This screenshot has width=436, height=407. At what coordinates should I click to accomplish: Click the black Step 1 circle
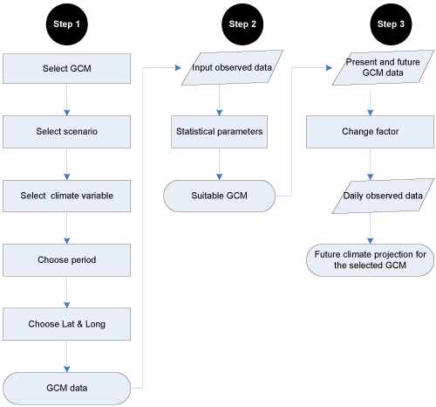(x=67, y=24)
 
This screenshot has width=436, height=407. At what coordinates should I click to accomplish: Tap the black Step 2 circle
(x=242, y=24)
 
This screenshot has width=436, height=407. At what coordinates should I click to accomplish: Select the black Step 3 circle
(x=391, y=24)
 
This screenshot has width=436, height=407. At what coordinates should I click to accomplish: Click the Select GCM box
(x=67, y=68)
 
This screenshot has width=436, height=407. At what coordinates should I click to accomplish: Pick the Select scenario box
(x=67, y=132)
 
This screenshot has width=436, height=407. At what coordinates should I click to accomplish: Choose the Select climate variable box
(x=67, y=196)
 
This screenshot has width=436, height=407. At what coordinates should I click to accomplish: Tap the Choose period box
(x=67, y=260)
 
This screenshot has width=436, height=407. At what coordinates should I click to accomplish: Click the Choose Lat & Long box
(x=67, y=324)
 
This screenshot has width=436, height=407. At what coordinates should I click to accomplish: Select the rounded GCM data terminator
(x=67, y=388)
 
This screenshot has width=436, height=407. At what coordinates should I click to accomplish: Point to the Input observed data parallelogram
(x=232, y=68)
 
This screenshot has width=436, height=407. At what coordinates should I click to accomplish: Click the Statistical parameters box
(x=219, y=132)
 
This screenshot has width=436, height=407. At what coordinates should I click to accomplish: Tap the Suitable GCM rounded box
(x=219, y=196)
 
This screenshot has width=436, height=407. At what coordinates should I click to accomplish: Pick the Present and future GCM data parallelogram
(x=383, y=68)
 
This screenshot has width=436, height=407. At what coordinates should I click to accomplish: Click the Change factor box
(x=370, y=132)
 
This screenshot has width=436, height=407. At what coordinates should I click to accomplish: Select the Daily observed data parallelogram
(x=383, y=196)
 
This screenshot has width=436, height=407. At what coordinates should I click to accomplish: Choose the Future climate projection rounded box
(x=370, y=260)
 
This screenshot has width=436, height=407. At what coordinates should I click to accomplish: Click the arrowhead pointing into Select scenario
(x=67, y=113)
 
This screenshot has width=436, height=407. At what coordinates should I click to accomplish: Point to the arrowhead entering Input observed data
(x=178, y=68)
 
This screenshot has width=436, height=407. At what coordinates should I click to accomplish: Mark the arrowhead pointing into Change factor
(x=370, y=113)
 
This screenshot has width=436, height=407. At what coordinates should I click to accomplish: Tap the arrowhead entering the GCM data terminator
(x=67, y=369)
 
